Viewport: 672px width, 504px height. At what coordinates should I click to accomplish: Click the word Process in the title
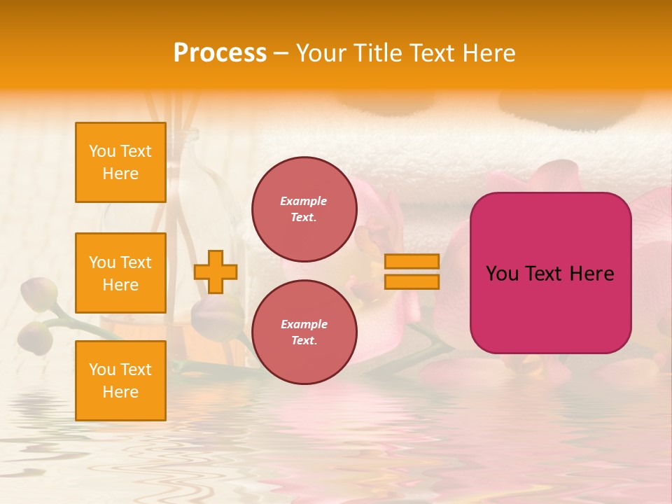[x=220, y=53]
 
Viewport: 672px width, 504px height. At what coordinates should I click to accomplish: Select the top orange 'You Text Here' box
[x=120, y=162]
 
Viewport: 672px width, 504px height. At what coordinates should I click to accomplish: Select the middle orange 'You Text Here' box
[x=120, y=273]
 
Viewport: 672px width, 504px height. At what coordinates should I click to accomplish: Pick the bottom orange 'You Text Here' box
[x=120, y=381]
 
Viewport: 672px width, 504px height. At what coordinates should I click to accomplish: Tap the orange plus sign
[x=216, y=272]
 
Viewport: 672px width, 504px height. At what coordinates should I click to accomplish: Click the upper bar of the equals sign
[x=412, y=261]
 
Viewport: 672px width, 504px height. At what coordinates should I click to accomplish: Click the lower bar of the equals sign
[x=412, y=281]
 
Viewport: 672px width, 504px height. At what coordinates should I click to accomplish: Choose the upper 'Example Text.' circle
[x=304, y=209]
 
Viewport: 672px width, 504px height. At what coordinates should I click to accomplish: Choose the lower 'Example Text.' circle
[x=304, y=332]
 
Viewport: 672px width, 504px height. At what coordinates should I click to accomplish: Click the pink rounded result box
[x=550, y=273]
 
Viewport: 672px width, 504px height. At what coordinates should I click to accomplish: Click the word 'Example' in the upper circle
[x=304, y=201]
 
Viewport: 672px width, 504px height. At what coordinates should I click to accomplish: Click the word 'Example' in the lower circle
[x=304, y=324]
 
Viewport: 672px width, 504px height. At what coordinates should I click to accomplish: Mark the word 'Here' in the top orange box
[x=120, y=174]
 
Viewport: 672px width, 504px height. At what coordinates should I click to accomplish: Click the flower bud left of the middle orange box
[x=39, y=294]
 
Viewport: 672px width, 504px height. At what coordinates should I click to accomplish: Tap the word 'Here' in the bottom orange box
[x=120, y=392]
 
